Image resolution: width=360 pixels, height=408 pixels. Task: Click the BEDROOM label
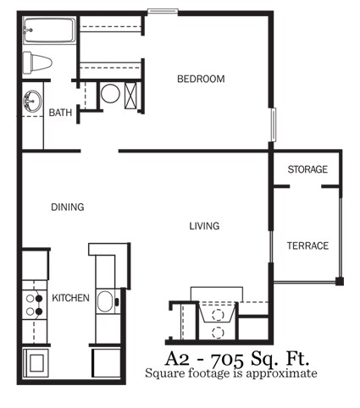click(201, 80)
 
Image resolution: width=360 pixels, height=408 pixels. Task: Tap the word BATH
click(60, 113)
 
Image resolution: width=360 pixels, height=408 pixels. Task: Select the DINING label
click(67, 207)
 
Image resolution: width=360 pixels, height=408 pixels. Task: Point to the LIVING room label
click(204, 226)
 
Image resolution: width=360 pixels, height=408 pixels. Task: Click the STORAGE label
click(307, 170)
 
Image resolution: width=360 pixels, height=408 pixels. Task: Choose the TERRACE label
click(307, 246)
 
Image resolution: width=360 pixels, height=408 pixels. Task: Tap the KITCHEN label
click(71, 299)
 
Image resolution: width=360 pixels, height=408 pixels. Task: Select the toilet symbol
click(39, 63)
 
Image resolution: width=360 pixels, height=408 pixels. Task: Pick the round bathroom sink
click(31, 102)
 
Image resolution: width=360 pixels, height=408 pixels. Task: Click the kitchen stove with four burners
click(34, 306)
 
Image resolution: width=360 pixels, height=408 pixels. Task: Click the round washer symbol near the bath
click(110, 94)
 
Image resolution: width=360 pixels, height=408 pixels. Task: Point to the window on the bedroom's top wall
click(163, 11)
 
